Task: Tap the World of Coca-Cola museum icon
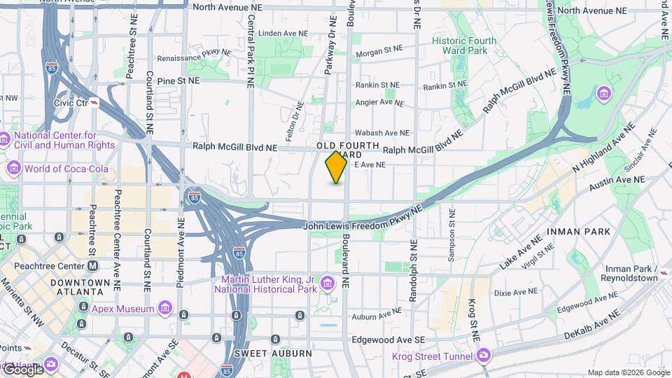[x=13, y=169]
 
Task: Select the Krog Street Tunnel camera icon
[x=484, y=356]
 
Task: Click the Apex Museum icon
[x=164, y=308]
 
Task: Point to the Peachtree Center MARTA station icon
[x=93, y=266]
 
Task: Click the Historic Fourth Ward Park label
[x=464, y=45]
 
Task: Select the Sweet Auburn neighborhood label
[x=273, y=353]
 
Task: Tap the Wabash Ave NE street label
[x=381, y=132]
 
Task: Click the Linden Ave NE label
[x=283, y=33]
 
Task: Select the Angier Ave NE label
[x=380, y=102]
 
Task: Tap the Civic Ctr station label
[x=71, y=103]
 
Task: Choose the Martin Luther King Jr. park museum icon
[x=327, y=283]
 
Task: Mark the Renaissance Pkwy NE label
[x=194, y=55]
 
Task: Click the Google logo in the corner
[x=23, y=370]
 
